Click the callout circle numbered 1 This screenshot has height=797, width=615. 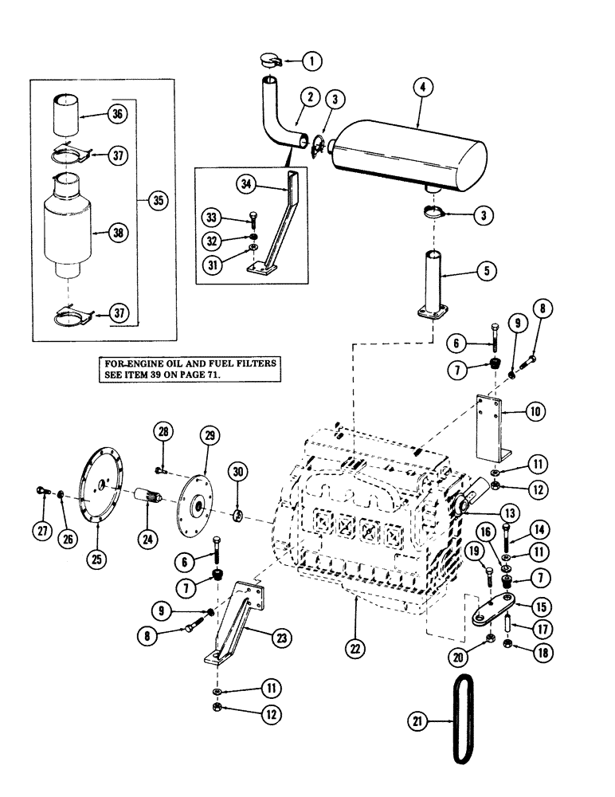tap(312, 60)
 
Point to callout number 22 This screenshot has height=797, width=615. tap(354, 646)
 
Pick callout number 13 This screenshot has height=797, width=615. tap(507, 512)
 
